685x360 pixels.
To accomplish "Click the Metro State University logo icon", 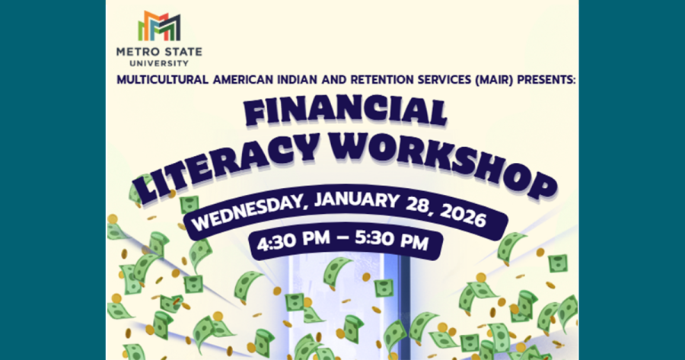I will click(x=159, y=27).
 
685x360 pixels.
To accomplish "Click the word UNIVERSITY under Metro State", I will click(x=159, y=63).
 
